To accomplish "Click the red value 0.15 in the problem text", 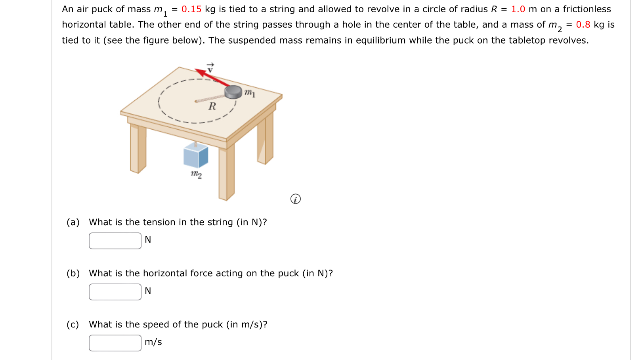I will pyautogui.click(x=191, y=9).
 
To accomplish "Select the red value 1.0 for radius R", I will pyautogui.click(x=518, y=9).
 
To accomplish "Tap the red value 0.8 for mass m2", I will pyautogui.click(x=583, y=25).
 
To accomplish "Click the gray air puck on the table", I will pyautogui.click(x=233, y=92).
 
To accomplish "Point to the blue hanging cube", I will pyautogui.click(x=196, y=155).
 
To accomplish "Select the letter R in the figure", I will pyautogui.click(x=212, y=106).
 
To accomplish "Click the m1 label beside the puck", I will pyautogui.click(x=250, y=93).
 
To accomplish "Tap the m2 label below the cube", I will pyautogui.click(x=196, y=174).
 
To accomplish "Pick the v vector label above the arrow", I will pyautogui.click(x=210, y=68).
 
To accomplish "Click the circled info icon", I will pyautogui.click(x=295, y=199).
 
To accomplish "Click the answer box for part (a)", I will pyautogui.click(x=115, y=241).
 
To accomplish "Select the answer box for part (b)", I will pyautogui.click(x=115, y=292).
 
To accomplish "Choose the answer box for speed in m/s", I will pyautogui.click(x=115, y=343).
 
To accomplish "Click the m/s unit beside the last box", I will pyautogui.click(x=153, y=342).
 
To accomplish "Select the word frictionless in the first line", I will pyautogui.click(x=587, y=9).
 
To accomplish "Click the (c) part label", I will pyautogui.click(x=73, y=324).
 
